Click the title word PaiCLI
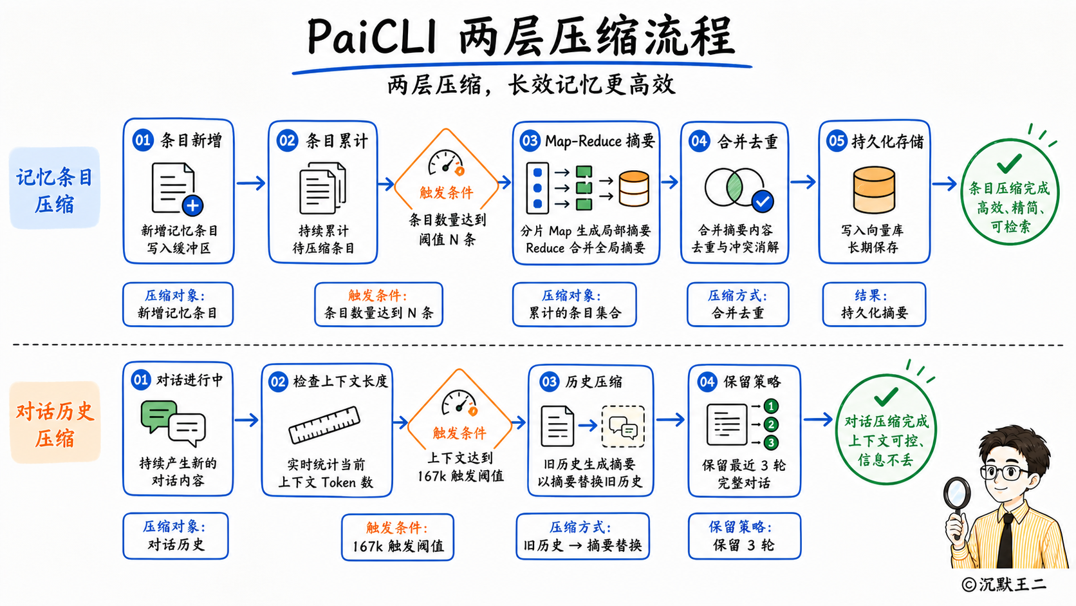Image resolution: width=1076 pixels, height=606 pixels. (x=372, y=37)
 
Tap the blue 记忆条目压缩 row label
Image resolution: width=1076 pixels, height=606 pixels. (x=54, y=189)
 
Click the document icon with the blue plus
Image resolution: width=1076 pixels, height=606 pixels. (x=177, y=189)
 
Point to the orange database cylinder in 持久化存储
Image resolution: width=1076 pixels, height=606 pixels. (x=874, y=189)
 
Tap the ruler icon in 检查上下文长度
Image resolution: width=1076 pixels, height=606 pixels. (x=324, y=424)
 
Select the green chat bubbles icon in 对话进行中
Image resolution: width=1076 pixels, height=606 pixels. (x=173, y=422)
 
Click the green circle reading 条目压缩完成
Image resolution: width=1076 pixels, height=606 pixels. (x=1010, y=192)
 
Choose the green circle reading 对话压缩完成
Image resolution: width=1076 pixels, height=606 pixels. (x=886, y=430)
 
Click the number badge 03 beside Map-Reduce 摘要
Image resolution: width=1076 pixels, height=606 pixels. (x=530, y=141)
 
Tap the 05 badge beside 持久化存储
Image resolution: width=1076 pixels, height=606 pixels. (x=837, y=141)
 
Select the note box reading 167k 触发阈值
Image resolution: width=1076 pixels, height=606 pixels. (x=398, y=537)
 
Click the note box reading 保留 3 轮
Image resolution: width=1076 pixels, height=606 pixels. (x=744, y=536)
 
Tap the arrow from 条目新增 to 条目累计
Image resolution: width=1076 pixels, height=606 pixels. (x=251, y=183)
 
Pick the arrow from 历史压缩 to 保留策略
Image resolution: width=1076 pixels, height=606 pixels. (x=670, y=419)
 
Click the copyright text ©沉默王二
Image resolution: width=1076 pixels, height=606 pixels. (x=1004, y=584)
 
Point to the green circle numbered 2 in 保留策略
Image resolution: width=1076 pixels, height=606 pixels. (x=771, y=424)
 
